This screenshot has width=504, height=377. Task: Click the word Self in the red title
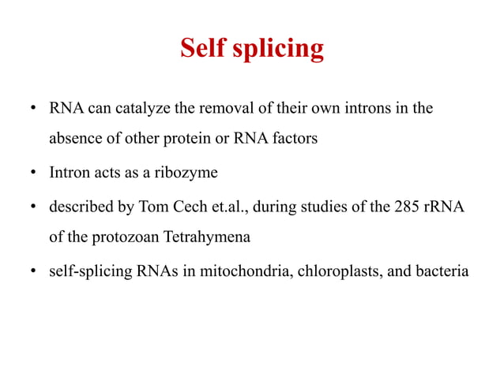(x=203, y=49)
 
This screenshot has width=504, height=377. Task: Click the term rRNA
(x=445, y=207)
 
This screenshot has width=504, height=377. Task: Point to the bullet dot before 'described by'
(x=32, y=208)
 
